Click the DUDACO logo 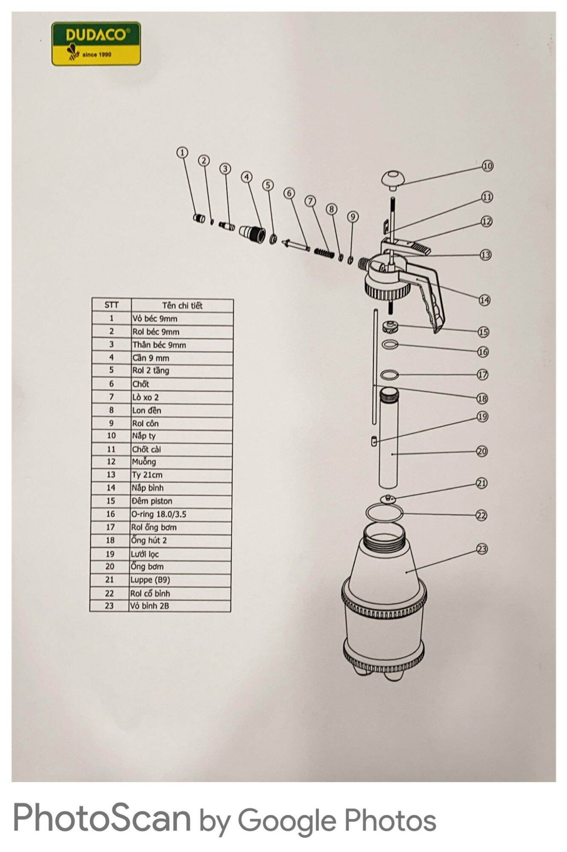(96, 44)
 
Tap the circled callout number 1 (182, 153)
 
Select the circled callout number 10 (487, 166)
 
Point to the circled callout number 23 (481, 549)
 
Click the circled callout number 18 (482, 398)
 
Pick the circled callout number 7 (310, 201)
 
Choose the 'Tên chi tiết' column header (182, 305)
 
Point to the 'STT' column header (112, 305)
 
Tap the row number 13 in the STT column (111, 475)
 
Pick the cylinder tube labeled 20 (388, 438)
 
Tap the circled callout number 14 (484, 300)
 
